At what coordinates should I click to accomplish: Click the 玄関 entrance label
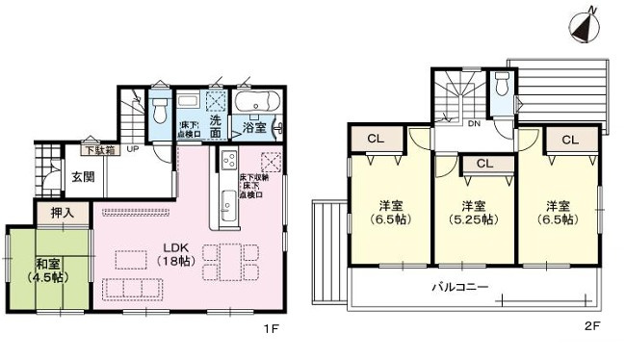[83, 176]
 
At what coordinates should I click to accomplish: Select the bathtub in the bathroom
[256, 101]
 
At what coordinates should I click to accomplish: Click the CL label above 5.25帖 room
[484, 165]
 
